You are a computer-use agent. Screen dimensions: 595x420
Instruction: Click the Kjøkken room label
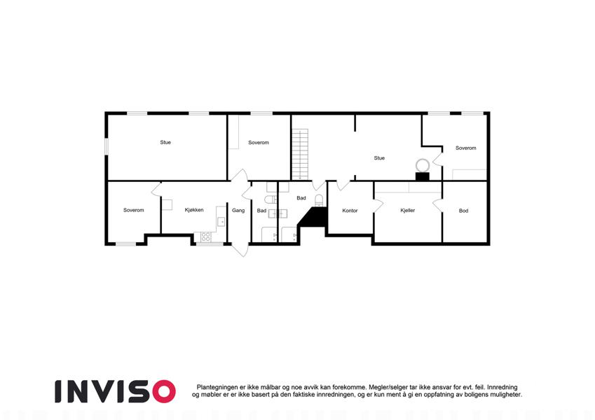tap(194, 209)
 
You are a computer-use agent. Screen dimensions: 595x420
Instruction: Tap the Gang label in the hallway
tap(238, 211)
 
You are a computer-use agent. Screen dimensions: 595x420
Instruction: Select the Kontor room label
tap(350, 211)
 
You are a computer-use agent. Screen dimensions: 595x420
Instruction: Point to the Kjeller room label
tap(408, 211)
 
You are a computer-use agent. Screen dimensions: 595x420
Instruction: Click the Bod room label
tap(463, 211)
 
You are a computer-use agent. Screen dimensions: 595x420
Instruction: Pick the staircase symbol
tap(300, 154)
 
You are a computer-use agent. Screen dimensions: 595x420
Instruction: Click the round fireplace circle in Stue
tap(422, 166)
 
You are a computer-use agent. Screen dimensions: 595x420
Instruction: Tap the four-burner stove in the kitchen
tap(206, 237)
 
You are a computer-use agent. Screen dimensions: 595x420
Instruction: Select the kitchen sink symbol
tap(221, 221)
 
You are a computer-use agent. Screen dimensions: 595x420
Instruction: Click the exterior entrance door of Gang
tap(240, 250)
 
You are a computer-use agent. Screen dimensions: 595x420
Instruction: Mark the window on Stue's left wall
tap(107, 146)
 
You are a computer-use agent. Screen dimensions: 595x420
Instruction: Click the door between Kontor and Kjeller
tap(378, 206)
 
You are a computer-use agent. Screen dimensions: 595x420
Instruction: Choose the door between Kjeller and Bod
tap(438, 206)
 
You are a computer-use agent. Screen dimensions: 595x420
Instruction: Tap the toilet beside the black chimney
tap(319, 200)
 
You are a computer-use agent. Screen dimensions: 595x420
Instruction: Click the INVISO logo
tap(115, 391)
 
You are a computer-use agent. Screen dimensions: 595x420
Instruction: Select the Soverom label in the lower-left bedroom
tap(134, 210)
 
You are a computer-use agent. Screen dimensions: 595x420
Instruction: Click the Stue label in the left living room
tap(165, 142)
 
